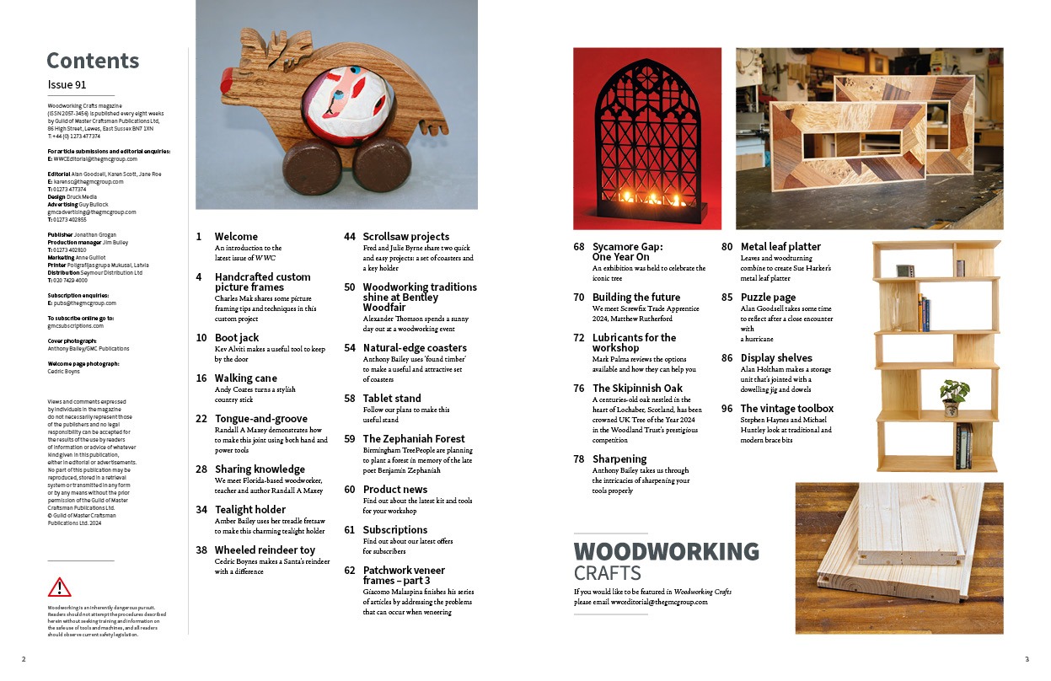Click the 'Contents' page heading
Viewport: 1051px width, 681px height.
[x=93, y=61]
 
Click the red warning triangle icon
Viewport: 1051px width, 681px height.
[x=60, y=587]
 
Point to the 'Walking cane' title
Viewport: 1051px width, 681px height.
[x=246, y=378]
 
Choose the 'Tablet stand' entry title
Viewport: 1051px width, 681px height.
[x=392, y=398]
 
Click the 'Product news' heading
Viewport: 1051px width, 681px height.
[x=394, y=489]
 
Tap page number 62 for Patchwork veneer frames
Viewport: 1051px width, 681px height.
[x=349, y=570]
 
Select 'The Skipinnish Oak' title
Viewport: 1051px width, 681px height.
[x=637, y=388]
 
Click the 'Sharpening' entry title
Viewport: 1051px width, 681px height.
[x=619, y=458]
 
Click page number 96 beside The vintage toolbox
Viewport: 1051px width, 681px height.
[x=726, y=408]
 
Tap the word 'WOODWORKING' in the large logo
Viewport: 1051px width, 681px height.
[x=666, y=552]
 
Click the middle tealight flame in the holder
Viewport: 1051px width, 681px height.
[x=651, y=199]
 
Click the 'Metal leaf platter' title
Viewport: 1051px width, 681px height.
[x=780, y=246]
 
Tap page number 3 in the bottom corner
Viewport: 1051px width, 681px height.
[x=1027, y=659]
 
